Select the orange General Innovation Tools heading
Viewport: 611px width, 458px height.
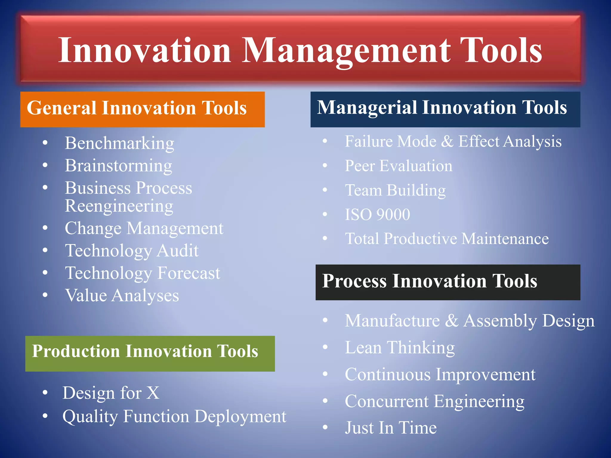[x=142, y=109]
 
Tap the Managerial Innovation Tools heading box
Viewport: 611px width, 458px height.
[x=445, y=109]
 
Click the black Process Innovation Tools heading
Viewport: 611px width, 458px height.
[x=448, y=282]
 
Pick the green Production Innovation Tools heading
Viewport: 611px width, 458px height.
[x=150, y=353]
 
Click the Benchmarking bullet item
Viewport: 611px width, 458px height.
[x=119, y=143]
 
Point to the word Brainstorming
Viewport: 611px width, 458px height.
[x=118, y=166]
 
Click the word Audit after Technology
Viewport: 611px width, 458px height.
[x=178, y=251]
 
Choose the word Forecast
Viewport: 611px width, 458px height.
[x=189, y=273]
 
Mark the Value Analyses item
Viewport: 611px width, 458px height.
[x=122, y=296]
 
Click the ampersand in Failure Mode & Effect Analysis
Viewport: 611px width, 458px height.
[x=447, y=142]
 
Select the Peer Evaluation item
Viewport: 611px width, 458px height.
[x=398, y=166]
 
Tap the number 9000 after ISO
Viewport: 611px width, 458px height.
[x=393, y=215]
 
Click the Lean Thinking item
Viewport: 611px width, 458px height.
[x=400, y=348]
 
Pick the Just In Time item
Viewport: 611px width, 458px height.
[x=391, y=428]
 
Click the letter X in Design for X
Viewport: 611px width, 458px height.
[x=153, y=393]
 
